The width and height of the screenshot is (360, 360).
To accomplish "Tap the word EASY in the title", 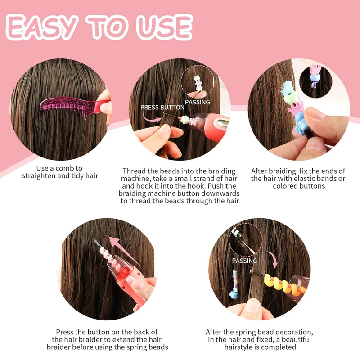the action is click(41, 27).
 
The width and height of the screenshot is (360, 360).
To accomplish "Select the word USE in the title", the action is click(164, 27).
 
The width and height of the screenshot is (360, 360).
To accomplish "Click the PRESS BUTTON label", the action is click(162, 107).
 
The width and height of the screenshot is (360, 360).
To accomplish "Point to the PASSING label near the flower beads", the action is click(198, 102).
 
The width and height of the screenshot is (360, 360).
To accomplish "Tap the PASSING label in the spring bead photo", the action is click(244, 261).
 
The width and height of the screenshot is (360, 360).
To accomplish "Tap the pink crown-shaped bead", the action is click(295, 108).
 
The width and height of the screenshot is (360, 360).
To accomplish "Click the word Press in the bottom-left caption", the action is click(64, 332).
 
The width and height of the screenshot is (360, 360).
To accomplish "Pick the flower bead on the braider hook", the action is click(185, 120).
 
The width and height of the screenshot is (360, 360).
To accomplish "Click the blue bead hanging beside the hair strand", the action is click(234, 294).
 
